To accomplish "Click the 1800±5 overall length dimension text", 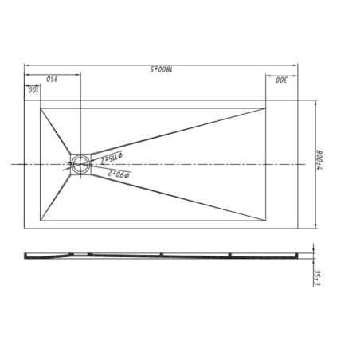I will [x=162, y=71].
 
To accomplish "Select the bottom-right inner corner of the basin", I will [x=264, y=219].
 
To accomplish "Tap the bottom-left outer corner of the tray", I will [x=25, y=228].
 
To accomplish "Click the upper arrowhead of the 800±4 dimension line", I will [x=319, y=101].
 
